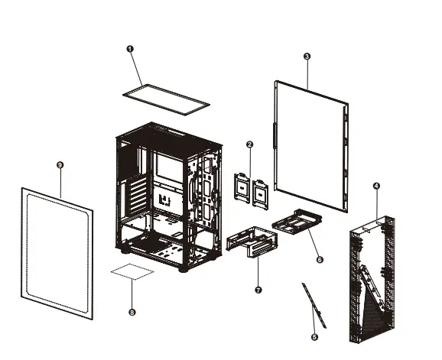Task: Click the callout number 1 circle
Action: pyautogui.click(x=129, y=48)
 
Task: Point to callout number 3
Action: pyautogui.click(x=307, y=57)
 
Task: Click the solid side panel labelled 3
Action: pyautogui.click(x=310, y=145)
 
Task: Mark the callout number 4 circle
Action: pyautogui.click(x=375, y=186)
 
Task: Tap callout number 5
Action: pyautogui.click(x=314, y=336)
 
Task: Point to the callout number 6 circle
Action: pyautogui.click(x=320, y=260)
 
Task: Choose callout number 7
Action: pyautogui.click(x=258, y=290)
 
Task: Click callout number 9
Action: pyautogui.click(x=60, y=164)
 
